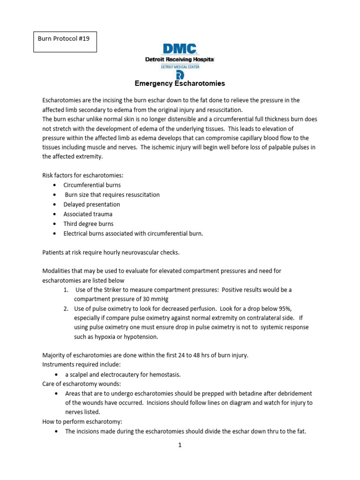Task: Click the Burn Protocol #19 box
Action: coord(67,41)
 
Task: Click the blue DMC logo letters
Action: coord(180,49)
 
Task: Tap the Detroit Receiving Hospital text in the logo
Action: coord(180,60)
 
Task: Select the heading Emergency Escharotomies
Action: coord(180,83)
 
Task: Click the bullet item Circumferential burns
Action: coord(92,185)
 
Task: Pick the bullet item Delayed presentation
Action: coord(92,204)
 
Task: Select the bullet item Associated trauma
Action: coord(88,214)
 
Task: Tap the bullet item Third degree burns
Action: coord(89,224)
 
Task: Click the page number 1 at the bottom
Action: coord(180,445)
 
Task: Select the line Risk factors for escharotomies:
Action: coord(82,175)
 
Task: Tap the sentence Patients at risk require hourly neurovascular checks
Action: coord(111,252)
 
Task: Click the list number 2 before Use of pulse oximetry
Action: coord(66,308)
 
